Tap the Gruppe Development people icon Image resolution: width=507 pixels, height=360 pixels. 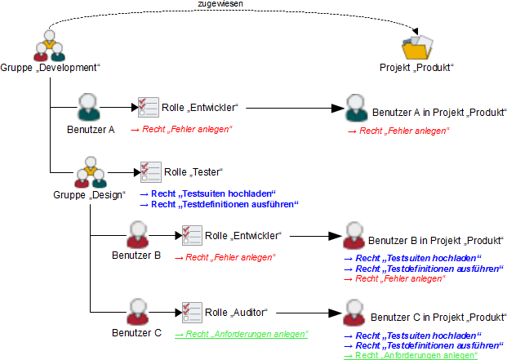(49, 45)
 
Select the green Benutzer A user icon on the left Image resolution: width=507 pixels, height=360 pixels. (90, 107)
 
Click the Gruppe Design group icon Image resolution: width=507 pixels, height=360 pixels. (90, 173)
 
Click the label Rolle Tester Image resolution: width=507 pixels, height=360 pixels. (193, 172)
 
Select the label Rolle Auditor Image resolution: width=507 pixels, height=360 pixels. (236, 313)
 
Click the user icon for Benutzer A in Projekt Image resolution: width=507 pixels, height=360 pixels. (355, 109)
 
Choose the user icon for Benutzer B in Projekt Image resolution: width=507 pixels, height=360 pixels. (353, 238)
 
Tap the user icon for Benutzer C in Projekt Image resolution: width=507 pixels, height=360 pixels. (353, 314)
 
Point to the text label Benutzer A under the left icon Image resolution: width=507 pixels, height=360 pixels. (91, 129)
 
